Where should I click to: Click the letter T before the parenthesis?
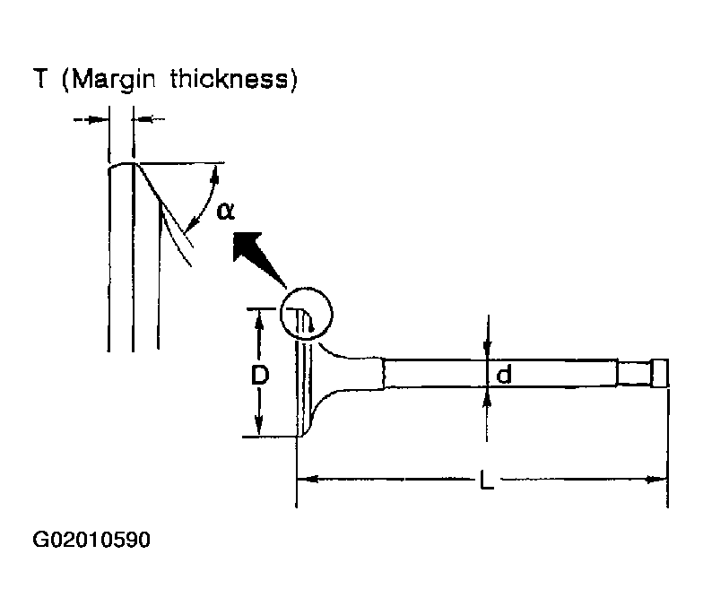click(39, 79)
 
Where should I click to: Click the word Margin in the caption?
click(114, 80)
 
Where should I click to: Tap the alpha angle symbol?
click(225, 212)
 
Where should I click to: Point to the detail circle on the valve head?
click(307, 289)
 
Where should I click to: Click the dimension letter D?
click(260, 375)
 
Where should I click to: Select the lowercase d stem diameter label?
click(504, 374)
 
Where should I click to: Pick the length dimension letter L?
click(487, 480)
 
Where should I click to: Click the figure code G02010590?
click(91, 540)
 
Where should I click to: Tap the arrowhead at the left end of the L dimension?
click(308, 479)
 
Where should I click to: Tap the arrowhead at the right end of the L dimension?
click(656, 480)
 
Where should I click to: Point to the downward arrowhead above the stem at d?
click(488, 351)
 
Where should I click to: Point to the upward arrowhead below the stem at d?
click(488, 396)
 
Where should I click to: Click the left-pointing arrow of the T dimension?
click(149, 119)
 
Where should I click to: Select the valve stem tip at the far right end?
click(659, 373)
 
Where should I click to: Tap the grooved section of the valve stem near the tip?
click(633, 373)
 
